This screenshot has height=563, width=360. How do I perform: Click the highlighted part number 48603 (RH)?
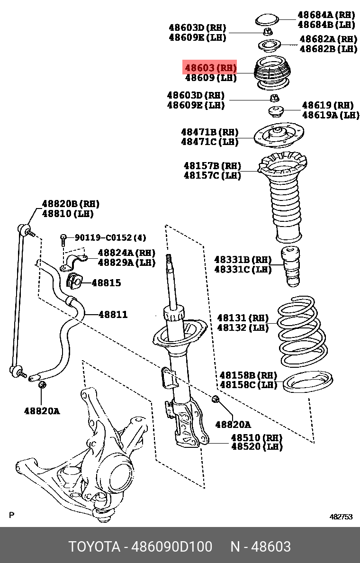tap(210, 68)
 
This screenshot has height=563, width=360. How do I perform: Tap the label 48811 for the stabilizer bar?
tap(113, 314)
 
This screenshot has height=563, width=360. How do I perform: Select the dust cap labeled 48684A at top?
tap(268, 20)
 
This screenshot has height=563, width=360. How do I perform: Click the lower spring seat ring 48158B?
tap(307, 382)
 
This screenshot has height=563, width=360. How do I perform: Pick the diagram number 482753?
tap(341, 517)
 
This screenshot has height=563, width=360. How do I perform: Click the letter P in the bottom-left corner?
tap(12, 515)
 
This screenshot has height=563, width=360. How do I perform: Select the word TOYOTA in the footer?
tap(94, 546)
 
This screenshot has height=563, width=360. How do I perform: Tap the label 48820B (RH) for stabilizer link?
tap(71, 204)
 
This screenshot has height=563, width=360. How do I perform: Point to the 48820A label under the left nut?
tap(42, 411)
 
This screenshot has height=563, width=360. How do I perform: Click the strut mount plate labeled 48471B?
tap(279, 136)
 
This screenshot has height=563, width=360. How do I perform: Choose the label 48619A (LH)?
tap(330, 115)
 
